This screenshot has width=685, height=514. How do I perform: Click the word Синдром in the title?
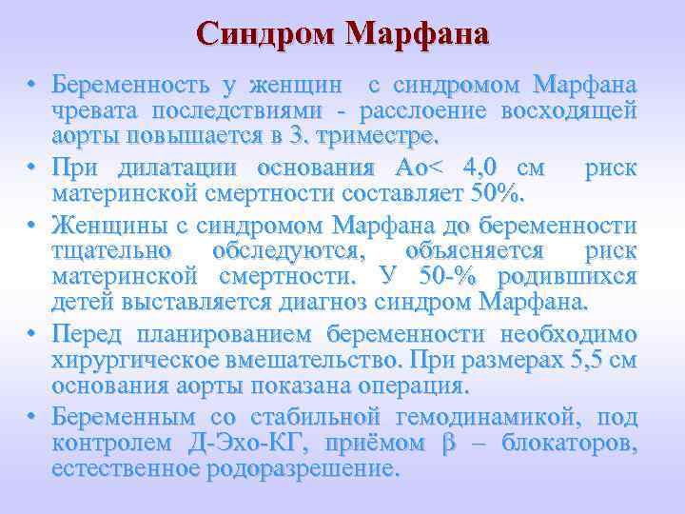(265, 33)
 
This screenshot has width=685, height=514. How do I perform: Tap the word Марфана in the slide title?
(418, 33)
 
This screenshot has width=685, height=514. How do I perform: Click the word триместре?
(381, 136)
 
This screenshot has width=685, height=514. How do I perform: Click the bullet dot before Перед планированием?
(31, 336)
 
